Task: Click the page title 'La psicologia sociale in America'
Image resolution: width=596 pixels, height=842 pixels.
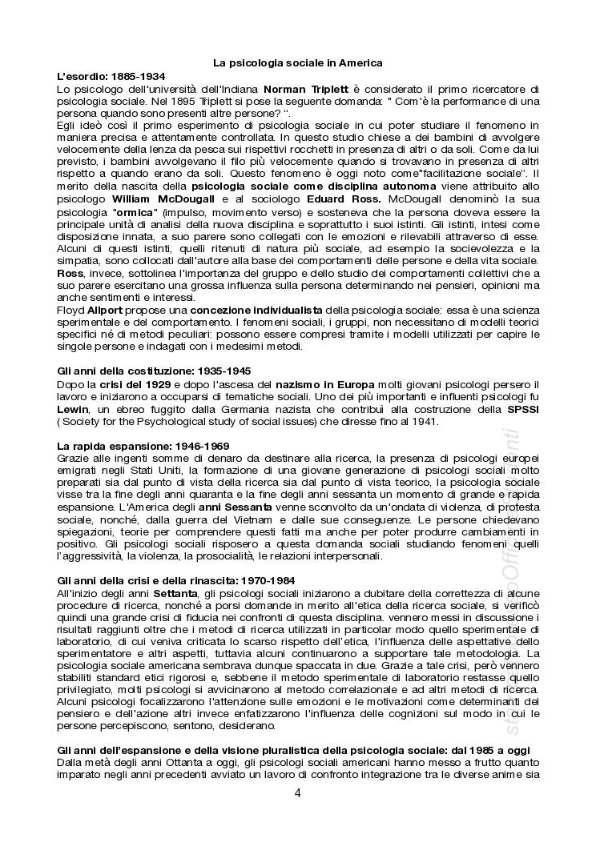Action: coord(297,62)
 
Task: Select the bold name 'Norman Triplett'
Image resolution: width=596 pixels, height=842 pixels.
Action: coord(302,89)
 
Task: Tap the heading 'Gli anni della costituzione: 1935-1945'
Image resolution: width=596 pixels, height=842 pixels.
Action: coord(154,371)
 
